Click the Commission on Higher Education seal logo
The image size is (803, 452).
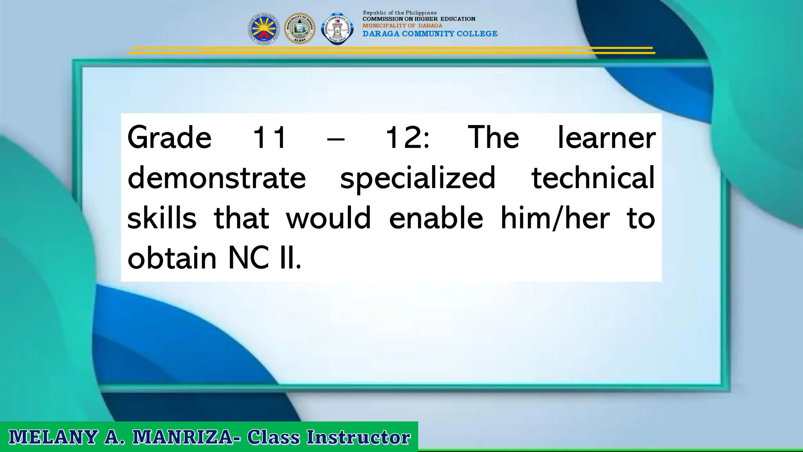point(263,29)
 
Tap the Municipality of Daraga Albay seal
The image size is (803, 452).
point(300,29)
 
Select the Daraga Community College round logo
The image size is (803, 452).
point(337,29)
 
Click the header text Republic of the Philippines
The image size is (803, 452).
point(400,13)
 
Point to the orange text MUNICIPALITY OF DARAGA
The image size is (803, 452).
point(402,26)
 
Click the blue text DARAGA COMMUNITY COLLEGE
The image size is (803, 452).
point(430,34)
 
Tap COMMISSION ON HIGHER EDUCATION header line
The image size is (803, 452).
point(419,19)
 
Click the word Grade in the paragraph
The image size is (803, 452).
point(169,137)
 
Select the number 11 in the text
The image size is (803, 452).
point(269,137)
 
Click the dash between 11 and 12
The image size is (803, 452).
point(336,139)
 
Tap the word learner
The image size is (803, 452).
point(606,137)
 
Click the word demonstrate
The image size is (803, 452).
point(216,178)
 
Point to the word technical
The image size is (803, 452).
point(593,178)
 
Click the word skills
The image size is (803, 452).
point(162,218)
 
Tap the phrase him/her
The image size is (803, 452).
point(555,218)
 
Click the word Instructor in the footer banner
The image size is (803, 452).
point(358,437)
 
